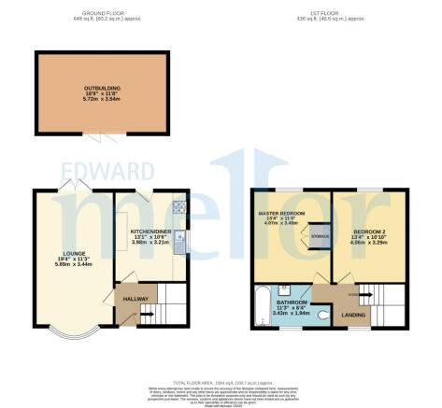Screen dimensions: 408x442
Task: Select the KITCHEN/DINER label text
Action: tap(150, 230)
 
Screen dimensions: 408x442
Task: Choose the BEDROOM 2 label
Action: tap(365, 230)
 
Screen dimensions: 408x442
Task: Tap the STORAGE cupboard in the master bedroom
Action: tap(318, 237)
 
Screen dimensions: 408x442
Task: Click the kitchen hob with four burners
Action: tap(180, 206)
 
